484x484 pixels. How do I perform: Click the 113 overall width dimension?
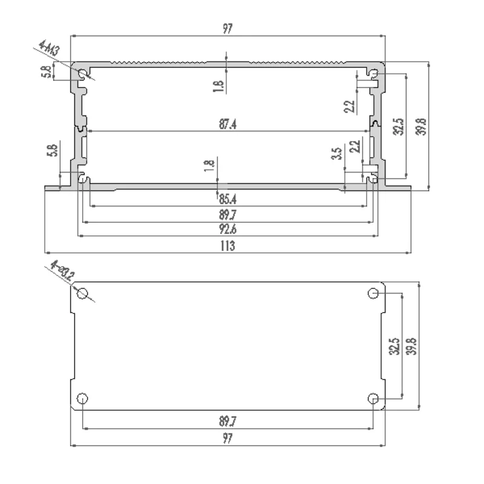tap(227, 246)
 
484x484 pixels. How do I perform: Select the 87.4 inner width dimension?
tap(227, 125)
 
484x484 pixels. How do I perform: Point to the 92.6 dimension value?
tap(227, 229)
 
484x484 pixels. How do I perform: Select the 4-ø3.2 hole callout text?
tap(62, 272)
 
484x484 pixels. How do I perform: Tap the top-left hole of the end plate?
tap(83, 295)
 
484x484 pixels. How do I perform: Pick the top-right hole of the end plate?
tap(374, 294)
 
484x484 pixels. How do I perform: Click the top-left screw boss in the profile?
tap(83, 74)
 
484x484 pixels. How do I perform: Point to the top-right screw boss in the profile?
tap(374, 74)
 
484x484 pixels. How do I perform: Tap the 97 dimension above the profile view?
tap(227, 29)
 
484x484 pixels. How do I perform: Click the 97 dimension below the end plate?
tap(227, 439)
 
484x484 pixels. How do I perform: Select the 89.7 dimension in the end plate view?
tap(227, 422)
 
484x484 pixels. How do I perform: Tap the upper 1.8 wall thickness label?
tap(218, 87)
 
